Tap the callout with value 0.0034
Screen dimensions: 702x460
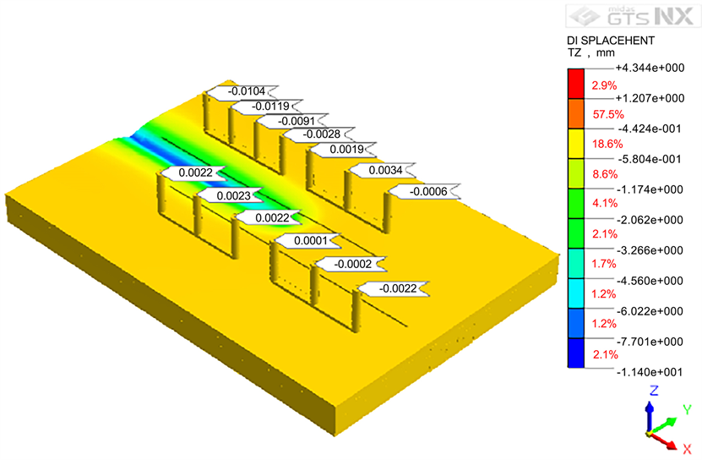382,170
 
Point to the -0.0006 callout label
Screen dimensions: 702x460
425,191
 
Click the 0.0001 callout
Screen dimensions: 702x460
307,241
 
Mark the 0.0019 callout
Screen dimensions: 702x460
343,150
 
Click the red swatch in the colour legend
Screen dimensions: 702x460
576,84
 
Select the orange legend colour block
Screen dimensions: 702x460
576,114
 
